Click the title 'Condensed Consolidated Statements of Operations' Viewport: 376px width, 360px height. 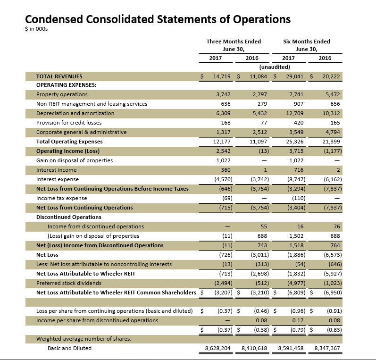click(x=158, y=19)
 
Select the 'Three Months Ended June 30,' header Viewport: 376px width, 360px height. click(x=234, y=45)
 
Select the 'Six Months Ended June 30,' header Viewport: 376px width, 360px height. click(x=306, y=45)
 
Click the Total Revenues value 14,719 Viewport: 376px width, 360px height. click(x=222, y=76)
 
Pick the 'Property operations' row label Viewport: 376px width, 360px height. click(x=62, y=94)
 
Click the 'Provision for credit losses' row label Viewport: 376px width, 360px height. click(x=69, y=123)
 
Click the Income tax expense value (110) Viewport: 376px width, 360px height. click(x=297, y=198)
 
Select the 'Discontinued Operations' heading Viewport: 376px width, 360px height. click(x=69, y=217)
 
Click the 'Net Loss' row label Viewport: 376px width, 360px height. click(x=47, y=255)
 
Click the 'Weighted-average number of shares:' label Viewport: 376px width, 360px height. click(x=84, y=339)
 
